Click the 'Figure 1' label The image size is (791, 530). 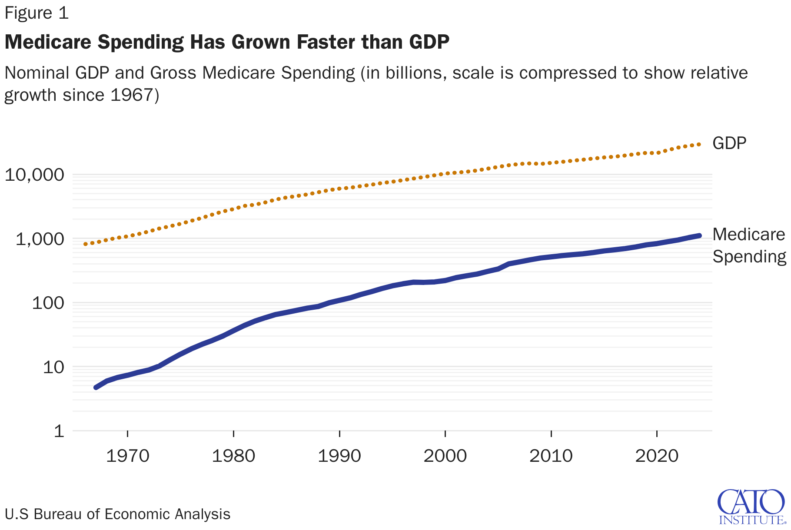pyautogui.click(x=37, y=13)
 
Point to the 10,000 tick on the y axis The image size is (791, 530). pyautogui.click(x=34, y=175)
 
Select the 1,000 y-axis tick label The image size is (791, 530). pyautogui.click(x=40, y=239)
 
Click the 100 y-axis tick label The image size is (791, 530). pyautogui.click(x=48, y=303)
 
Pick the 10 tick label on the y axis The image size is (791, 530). pyautogui.click(x=53, y=367)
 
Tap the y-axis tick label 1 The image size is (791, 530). pyautogui.click(x=59, y=431)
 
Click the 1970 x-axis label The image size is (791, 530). pyautogui.click(x=127, y=456)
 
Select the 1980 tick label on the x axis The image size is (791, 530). pyautogui.click(x=233, y=456)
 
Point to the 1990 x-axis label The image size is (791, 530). pyautogui.click(x=339, y=456)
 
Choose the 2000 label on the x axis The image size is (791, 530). pyautogui.click(x=445, y=456)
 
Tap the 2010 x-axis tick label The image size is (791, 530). pyautogui.click(x=551, y=456)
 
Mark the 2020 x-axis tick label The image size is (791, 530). pyautogui.click(x=657, y=456)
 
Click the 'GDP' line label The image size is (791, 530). pyautogui.click(x=729, y=143)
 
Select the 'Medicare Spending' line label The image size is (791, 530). pyautogui.click(x=749, y=245)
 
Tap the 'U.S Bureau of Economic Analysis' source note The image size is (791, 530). pyautogui.click(x=117, y=514)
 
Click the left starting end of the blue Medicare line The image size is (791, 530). pyautogui.click(x=96, y=387)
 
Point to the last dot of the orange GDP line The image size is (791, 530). pyautogui.click(x=699, y=144)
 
